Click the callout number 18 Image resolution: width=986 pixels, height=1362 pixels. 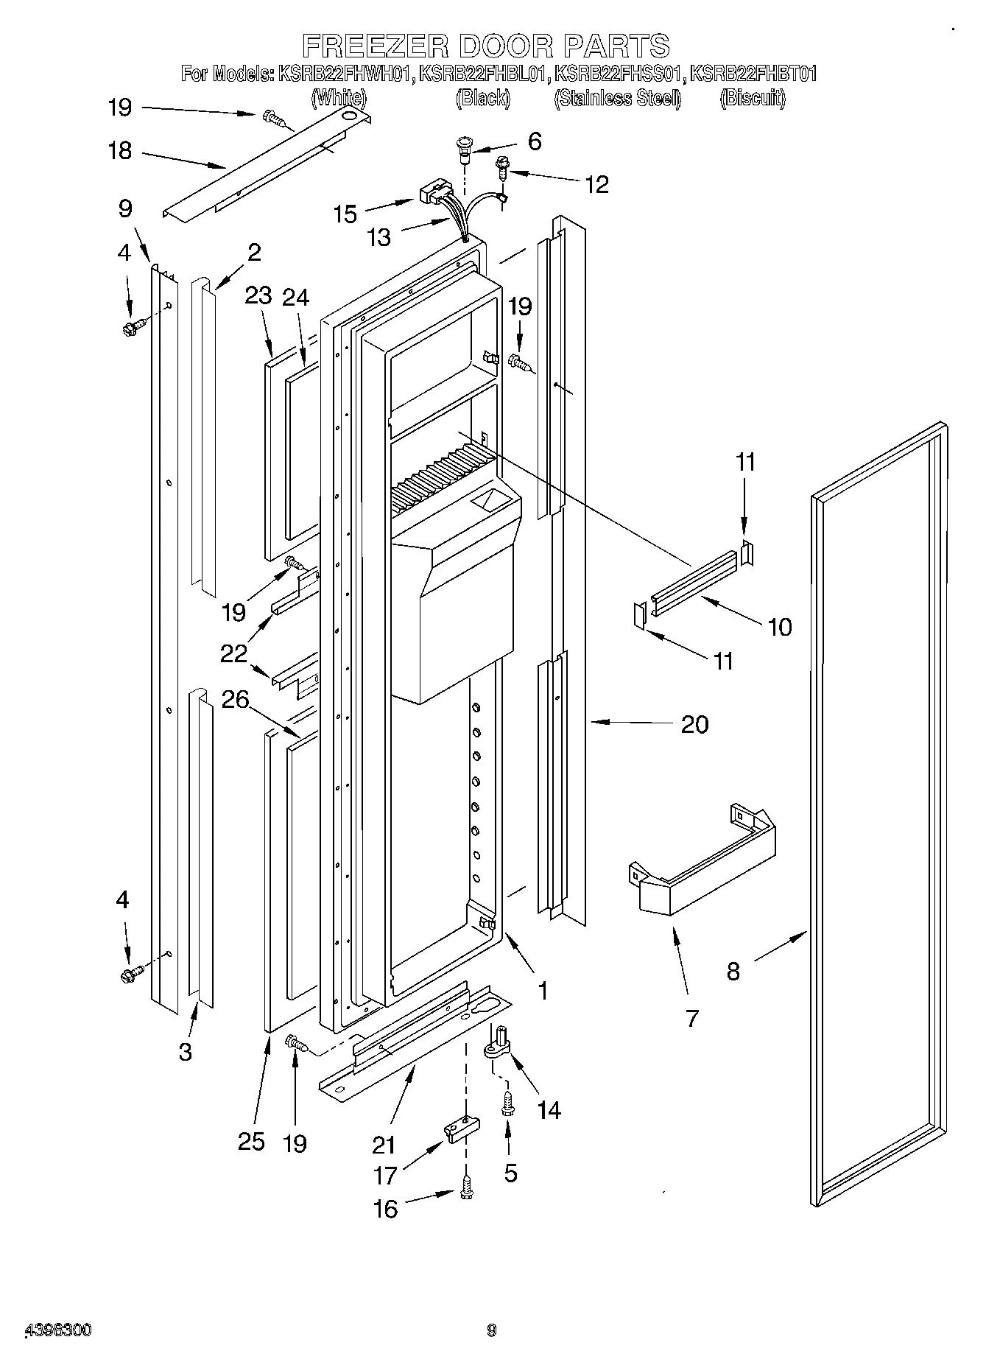[x=119, y=151]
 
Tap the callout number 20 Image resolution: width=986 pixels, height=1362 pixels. [x=694, y=724]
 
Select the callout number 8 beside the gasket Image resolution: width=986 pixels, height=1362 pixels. [x=733, y=972]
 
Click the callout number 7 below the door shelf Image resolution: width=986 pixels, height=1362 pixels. [x=691, y=1018]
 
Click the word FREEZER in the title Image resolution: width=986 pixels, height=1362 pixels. [x=375, y=46]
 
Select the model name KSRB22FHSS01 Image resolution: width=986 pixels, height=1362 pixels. [x=619, y=74]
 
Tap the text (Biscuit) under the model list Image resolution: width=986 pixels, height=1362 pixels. [x=753, y=97]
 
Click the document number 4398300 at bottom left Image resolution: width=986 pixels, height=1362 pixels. [x=59, y=1330]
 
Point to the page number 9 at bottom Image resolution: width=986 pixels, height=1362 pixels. [x=492, y=1330]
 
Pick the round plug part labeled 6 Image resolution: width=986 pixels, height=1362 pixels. [x=465, y=147]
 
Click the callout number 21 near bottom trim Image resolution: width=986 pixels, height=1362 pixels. [x=384, y=1144]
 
